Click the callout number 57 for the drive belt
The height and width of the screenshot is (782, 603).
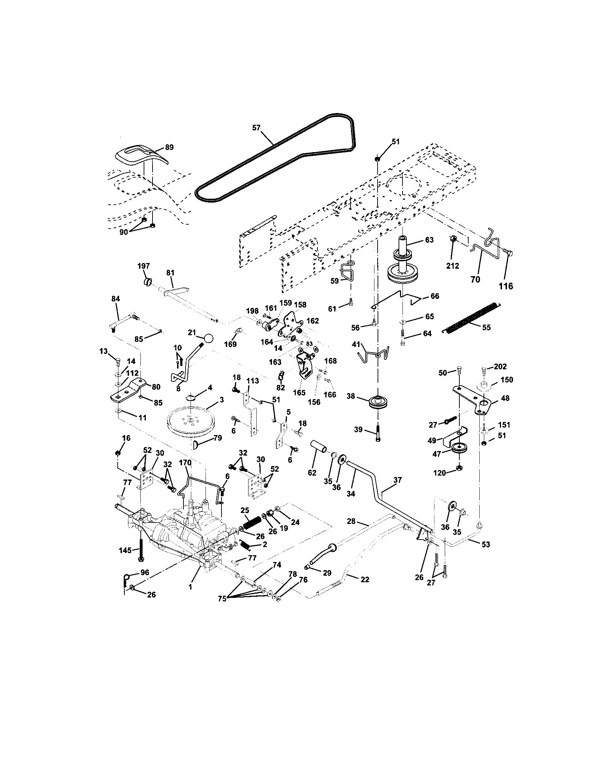(256, 128)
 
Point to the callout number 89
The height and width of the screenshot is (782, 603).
(169, 147)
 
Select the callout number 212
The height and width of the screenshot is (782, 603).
(453, 266)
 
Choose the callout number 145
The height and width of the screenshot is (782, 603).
(125, 550)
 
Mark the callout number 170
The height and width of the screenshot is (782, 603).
(186, 462)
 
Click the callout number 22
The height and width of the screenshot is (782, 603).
(364, 579)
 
